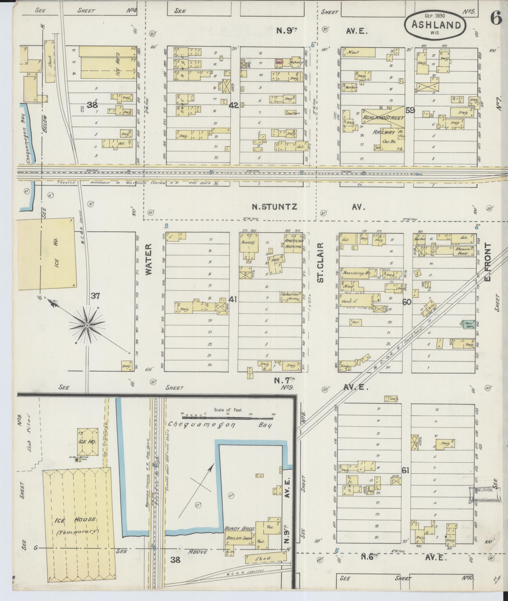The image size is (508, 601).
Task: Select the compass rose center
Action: tap(87, 326)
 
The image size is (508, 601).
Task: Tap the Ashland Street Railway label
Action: tap(383, 124)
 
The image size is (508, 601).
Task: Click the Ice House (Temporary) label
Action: tap(76, 525)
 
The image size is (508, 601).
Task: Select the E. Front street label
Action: tap(488, 261)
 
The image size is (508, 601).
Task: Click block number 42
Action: tap(234, 105)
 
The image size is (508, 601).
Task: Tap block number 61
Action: tap(405, 479)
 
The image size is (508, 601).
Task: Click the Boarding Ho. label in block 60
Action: tap(356, 273)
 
